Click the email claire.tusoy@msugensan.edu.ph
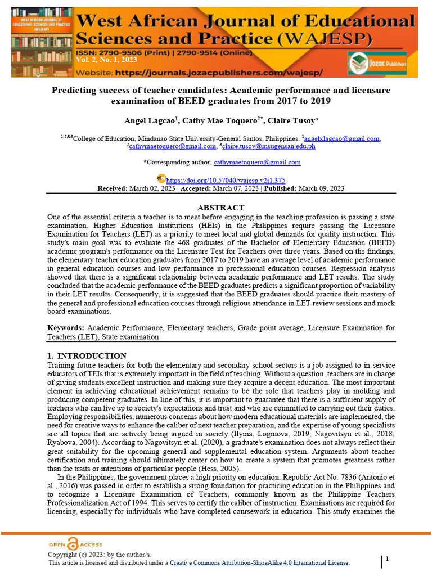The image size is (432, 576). tap(269, 146)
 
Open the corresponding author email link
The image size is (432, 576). tap(257, 162)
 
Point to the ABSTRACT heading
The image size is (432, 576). tap(221, 208)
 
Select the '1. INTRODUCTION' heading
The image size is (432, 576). tap(87, 356)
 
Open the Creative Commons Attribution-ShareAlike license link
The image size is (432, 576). tap(259, 563)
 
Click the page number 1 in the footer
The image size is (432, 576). tap(388, 559)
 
